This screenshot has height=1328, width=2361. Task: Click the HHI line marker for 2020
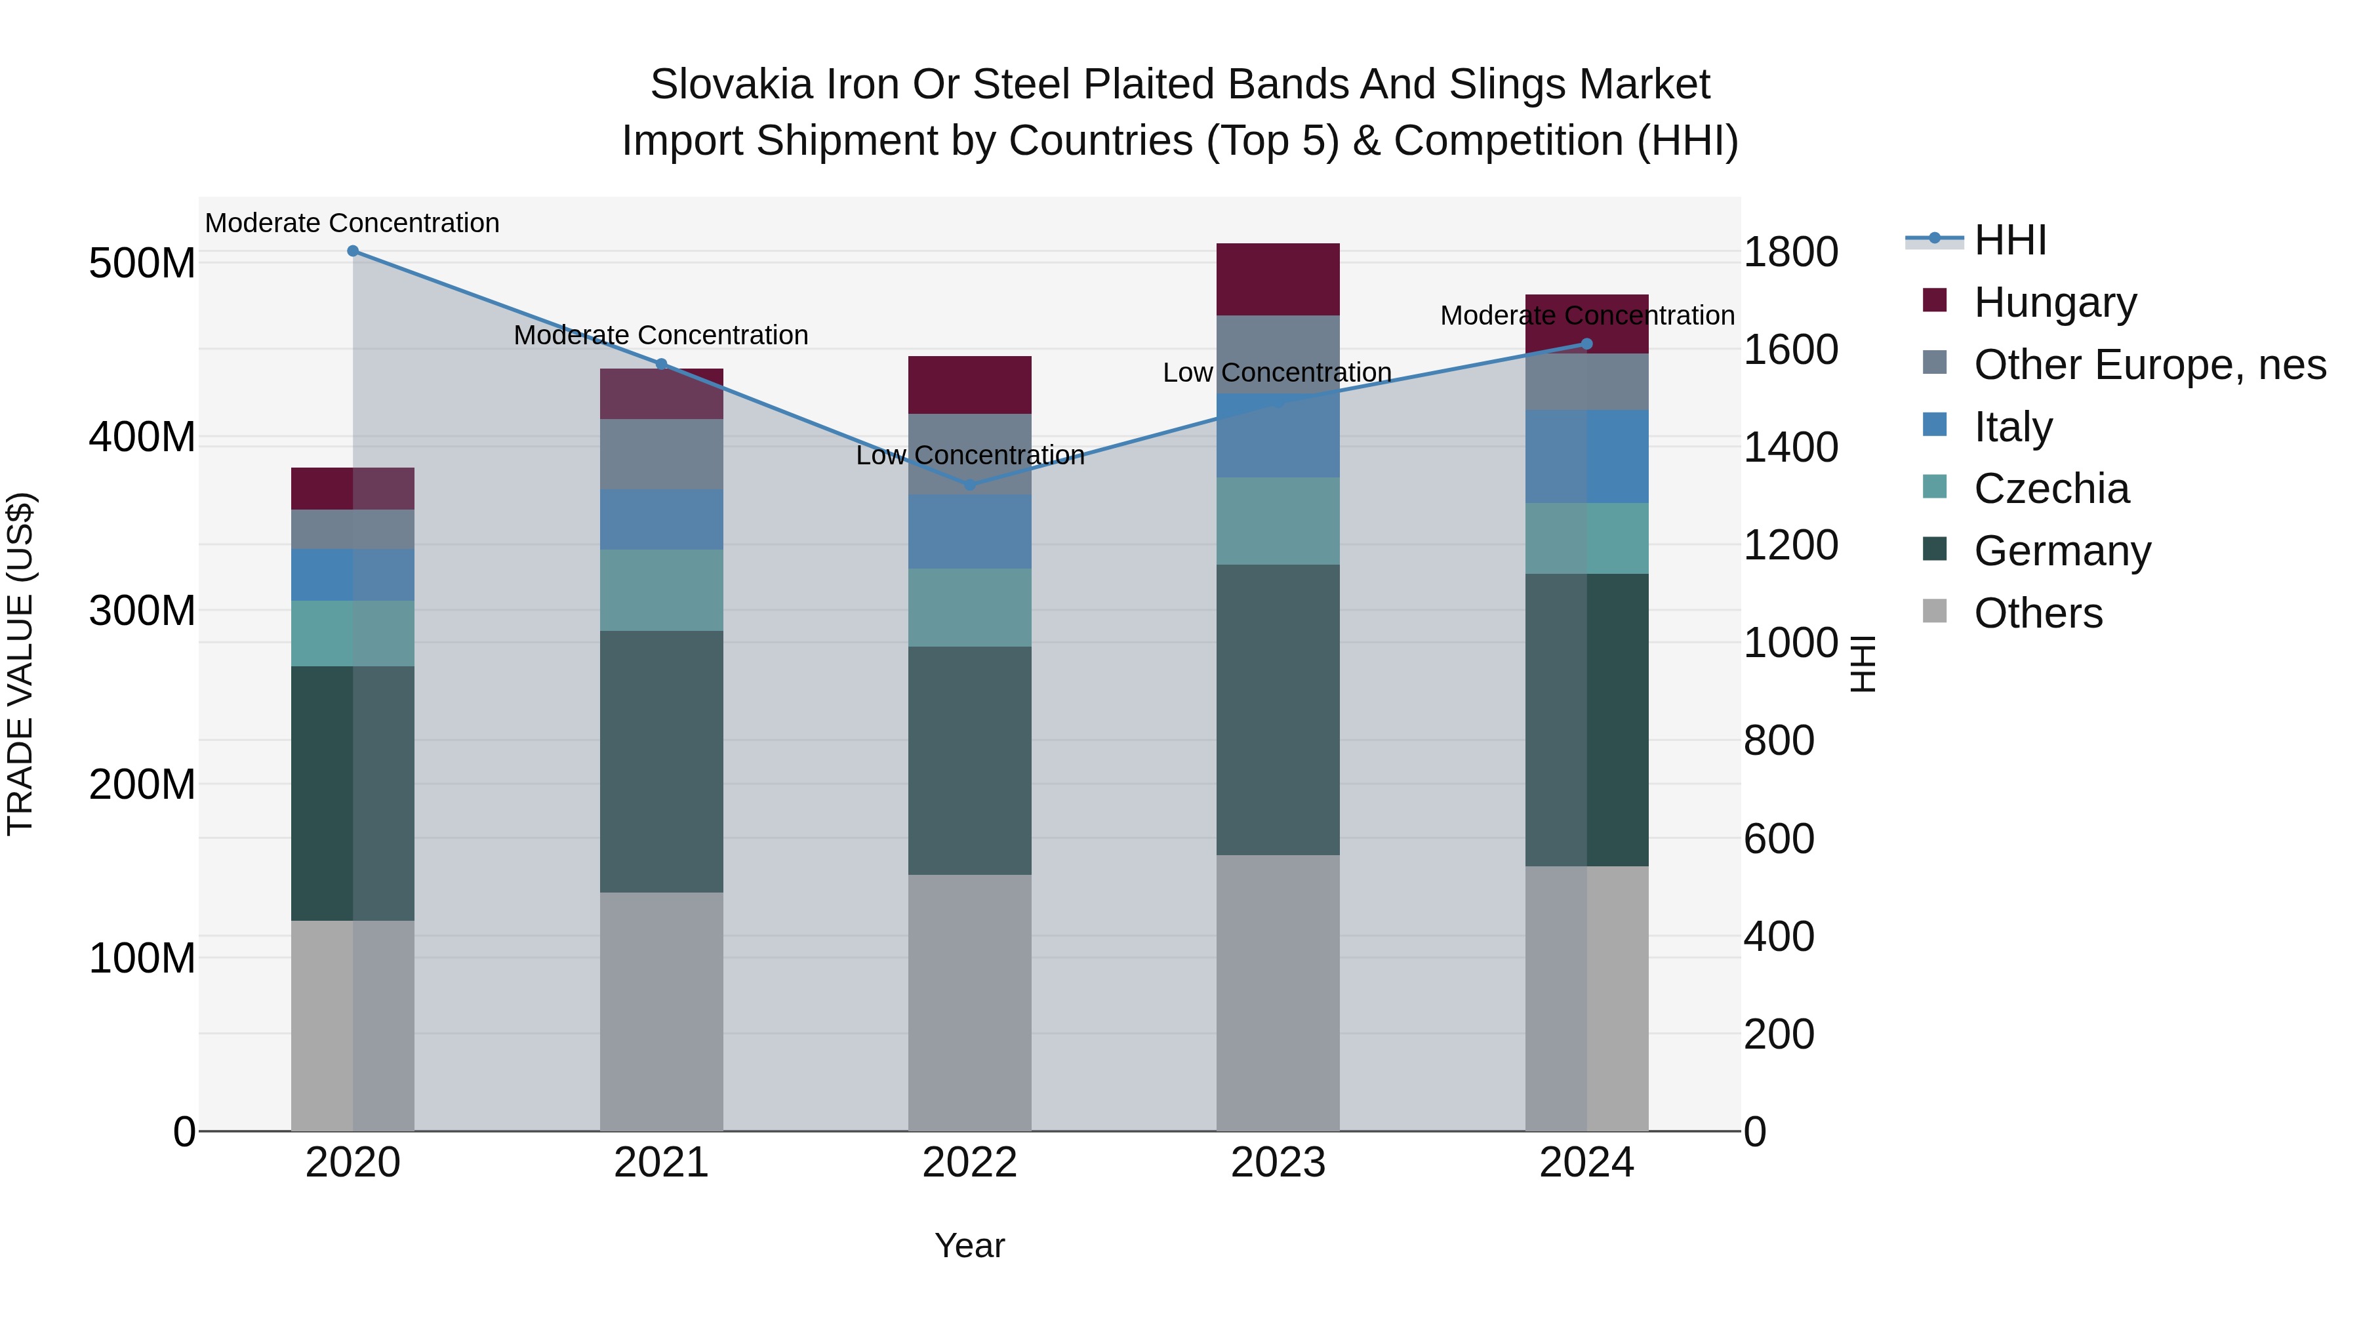coord(353,251)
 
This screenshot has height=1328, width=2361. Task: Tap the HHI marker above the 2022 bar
coord(970,485)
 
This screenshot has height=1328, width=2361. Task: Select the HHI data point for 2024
coord(1586,344)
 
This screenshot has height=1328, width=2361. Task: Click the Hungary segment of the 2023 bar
coord(1278,279)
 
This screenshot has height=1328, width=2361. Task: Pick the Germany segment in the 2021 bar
coord(661,761)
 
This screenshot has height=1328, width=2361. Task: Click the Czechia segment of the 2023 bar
coord(1278,521)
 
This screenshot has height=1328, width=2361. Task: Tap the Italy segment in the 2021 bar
coord(661,519)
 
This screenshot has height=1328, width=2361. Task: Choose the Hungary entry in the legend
coord(2054,302)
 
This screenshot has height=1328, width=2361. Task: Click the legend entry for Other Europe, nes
coord(2149,365)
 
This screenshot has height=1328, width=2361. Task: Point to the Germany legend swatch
coord(1934,550)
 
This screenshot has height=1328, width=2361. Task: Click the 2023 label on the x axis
coord(1278,1163)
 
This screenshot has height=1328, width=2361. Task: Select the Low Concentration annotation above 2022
coord(970,456)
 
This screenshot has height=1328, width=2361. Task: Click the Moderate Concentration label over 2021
coord(661,335)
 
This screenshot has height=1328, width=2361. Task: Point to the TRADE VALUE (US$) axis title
coord(20,664)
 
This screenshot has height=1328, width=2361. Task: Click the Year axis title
coord(970,1245)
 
